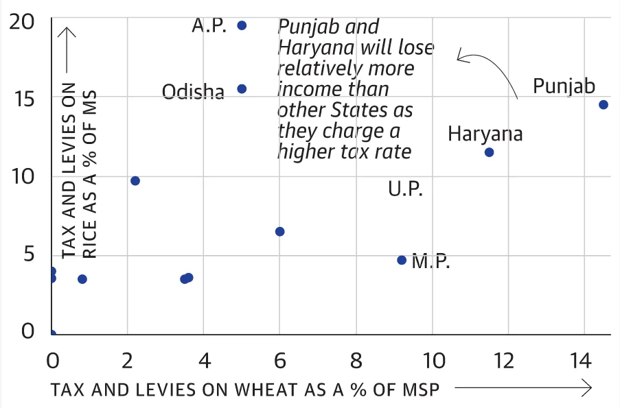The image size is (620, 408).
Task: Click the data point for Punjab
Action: coord(603,105)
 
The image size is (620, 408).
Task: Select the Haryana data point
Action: coord(489,152)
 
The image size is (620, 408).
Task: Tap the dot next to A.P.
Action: coord(242,25)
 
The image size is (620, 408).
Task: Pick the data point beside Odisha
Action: coord(242,89)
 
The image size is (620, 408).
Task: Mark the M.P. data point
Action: coord(402,261)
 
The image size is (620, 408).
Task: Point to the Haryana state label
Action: coord(485,134)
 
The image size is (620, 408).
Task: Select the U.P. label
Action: coord(405,189)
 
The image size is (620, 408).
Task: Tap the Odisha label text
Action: coord(193,92)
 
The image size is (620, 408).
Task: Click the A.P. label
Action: coord(209,26)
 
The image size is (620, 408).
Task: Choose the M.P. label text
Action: coord(430,262)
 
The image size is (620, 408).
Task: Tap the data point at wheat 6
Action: coord(279,232)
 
